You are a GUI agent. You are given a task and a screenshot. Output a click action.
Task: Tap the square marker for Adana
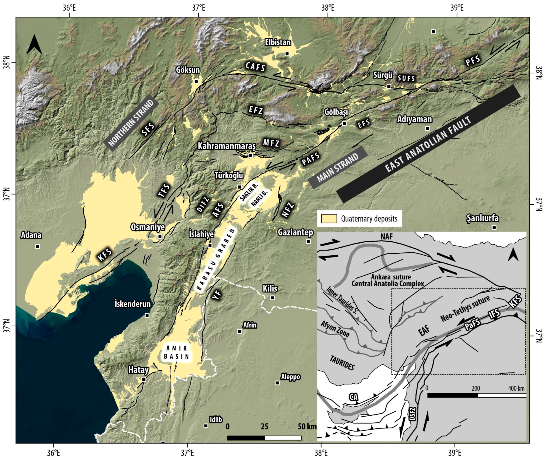[38, 247]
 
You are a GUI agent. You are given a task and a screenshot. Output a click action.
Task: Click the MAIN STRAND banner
[338, 167]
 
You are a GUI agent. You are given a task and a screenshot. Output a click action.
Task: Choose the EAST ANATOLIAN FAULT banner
[428, 144]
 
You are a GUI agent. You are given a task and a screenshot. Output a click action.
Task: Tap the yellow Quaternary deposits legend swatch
[329, 219]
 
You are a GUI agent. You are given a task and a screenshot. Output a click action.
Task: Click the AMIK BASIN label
[177, 353]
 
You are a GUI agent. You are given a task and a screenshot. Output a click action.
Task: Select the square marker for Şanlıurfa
[494, 227]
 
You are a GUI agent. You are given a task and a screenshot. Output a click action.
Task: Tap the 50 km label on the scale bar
[307, 427]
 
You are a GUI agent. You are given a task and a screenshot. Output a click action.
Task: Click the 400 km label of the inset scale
[516, 388]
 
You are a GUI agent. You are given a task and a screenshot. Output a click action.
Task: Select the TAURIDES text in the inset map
[342, 363]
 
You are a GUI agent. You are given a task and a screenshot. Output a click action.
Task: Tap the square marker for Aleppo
[277, 383]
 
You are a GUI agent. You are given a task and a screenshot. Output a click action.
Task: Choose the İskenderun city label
[133, 304]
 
